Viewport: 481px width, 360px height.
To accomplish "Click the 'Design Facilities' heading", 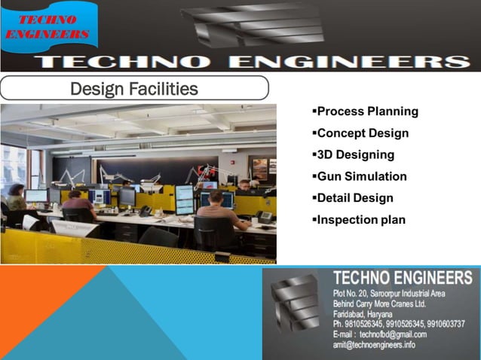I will click(133, 89).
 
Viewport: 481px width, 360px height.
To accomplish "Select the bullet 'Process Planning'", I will click(367, 111).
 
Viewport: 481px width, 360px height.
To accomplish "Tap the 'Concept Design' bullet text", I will click(363, 133).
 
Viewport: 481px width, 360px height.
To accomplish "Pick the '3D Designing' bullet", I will click(355, 155).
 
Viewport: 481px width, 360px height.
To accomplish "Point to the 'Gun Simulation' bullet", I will click(361, 177).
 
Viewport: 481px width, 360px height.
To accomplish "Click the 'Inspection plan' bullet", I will click(360, 220).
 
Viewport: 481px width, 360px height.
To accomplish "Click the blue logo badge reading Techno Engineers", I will click(50, 28).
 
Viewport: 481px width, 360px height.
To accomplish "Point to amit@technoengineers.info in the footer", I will click(373, 345).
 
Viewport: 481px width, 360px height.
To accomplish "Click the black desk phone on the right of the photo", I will click(265, 216).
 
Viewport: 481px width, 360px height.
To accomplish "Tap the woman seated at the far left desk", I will click(17, 199).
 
